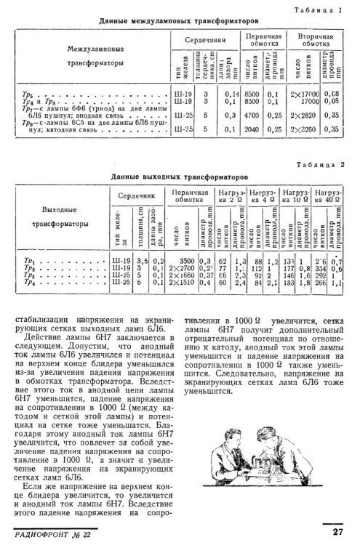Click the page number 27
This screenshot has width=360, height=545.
[x=336, y=533]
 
